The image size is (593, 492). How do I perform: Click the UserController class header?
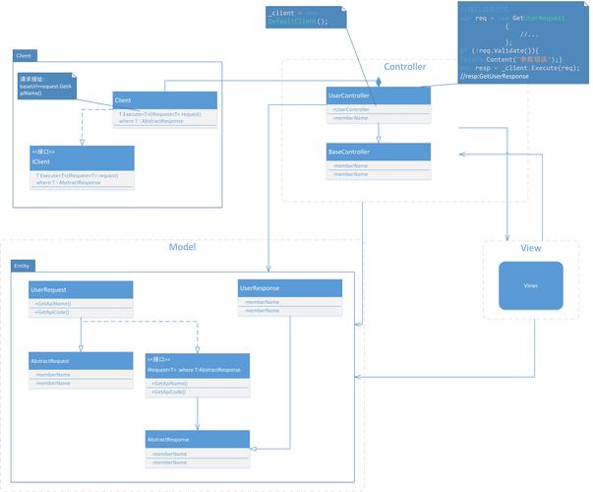click(x=378, y=95)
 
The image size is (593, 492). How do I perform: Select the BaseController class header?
click(x=378, y=153)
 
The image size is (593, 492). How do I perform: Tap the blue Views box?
click(x=531, y=285)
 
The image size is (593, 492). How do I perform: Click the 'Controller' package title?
click(x=404, y=67)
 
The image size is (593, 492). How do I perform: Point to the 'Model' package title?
click(x=182, y=247)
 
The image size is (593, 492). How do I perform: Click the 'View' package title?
click(x=530, y=247)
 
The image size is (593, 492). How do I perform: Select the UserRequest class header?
click(x=80, y=290)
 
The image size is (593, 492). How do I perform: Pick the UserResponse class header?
click(x=290, y=288)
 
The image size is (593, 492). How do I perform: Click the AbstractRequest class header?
click(x=80, y=361)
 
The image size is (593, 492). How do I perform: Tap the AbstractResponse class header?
click(x=197, y=438)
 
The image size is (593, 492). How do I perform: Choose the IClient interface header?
click(x=81, y=157)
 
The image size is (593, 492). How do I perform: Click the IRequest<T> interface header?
click(x=197, y=365)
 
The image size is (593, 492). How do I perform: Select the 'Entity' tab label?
click(x=22, y=266)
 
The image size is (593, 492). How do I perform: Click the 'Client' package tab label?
click(x=24, y=55)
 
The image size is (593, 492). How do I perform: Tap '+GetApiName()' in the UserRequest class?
click(x=53, y=304)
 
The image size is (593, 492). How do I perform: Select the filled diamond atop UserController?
click(x=378, y=83)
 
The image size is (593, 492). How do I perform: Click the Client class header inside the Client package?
click(x=163, y=100)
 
